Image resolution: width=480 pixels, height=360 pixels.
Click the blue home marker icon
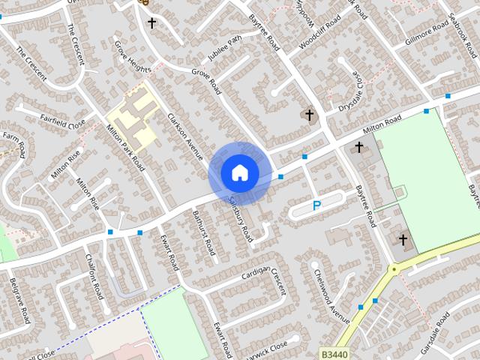pos(239,172)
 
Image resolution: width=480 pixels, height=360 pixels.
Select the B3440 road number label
pos(334,352)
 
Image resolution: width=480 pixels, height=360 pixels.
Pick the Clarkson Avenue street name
pos(185,136)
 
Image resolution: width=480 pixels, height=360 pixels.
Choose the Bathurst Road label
pos(204,231)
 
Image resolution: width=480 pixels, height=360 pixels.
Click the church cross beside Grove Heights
pos(152,23)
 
